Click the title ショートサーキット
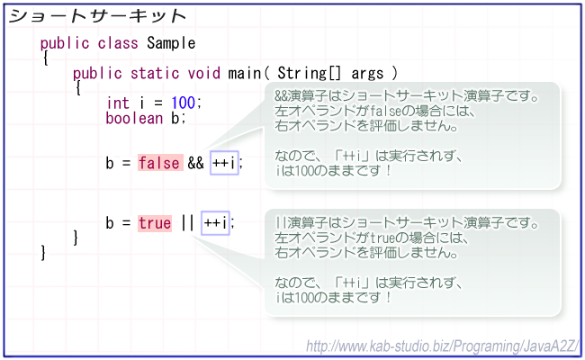click(97, 16)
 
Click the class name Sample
click(171, 43)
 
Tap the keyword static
click(155, 73)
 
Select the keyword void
click(203, 73)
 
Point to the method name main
click(245, 73)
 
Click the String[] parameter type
click(310, 73)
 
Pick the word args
click(367, 74)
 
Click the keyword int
click(118, 103)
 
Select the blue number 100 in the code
click(184, 103)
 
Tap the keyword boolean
click(134, 118)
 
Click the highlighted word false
click(160, 163)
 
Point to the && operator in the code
click(196, 163)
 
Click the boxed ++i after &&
click(224, 163)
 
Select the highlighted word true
click(155, 223)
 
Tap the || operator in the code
click(187, 223)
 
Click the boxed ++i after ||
click(215, 223)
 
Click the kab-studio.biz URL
click(443, 346)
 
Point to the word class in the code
click(118, 43)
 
